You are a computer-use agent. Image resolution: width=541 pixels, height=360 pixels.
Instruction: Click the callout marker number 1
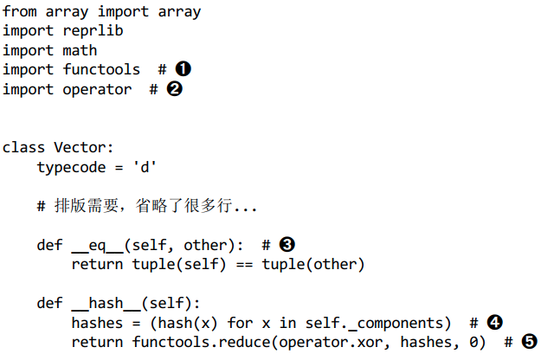(183, 68)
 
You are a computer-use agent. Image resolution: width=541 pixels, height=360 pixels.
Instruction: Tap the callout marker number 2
(174, 88)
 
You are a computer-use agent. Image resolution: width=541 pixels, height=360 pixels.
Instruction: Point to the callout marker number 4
(495, 323)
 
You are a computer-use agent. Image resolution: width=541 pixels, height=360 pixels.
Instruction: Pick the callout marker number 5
(530, 343)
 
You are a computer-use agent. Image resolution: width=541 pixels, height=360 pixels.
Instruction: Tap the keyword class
(23, 147)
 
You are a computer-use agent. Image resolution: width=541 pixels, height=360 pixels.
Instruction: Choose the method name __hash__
(106, 304)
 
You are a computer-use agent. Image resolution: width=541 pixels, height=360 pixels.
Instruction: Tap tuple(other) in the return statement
(313, 264)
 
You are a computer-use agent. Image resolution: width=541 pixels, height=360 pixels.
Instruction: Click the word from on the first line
(19, 11)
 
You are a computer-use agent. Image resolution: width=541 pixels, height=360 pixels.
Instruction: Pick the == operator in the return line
(243, 264)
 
